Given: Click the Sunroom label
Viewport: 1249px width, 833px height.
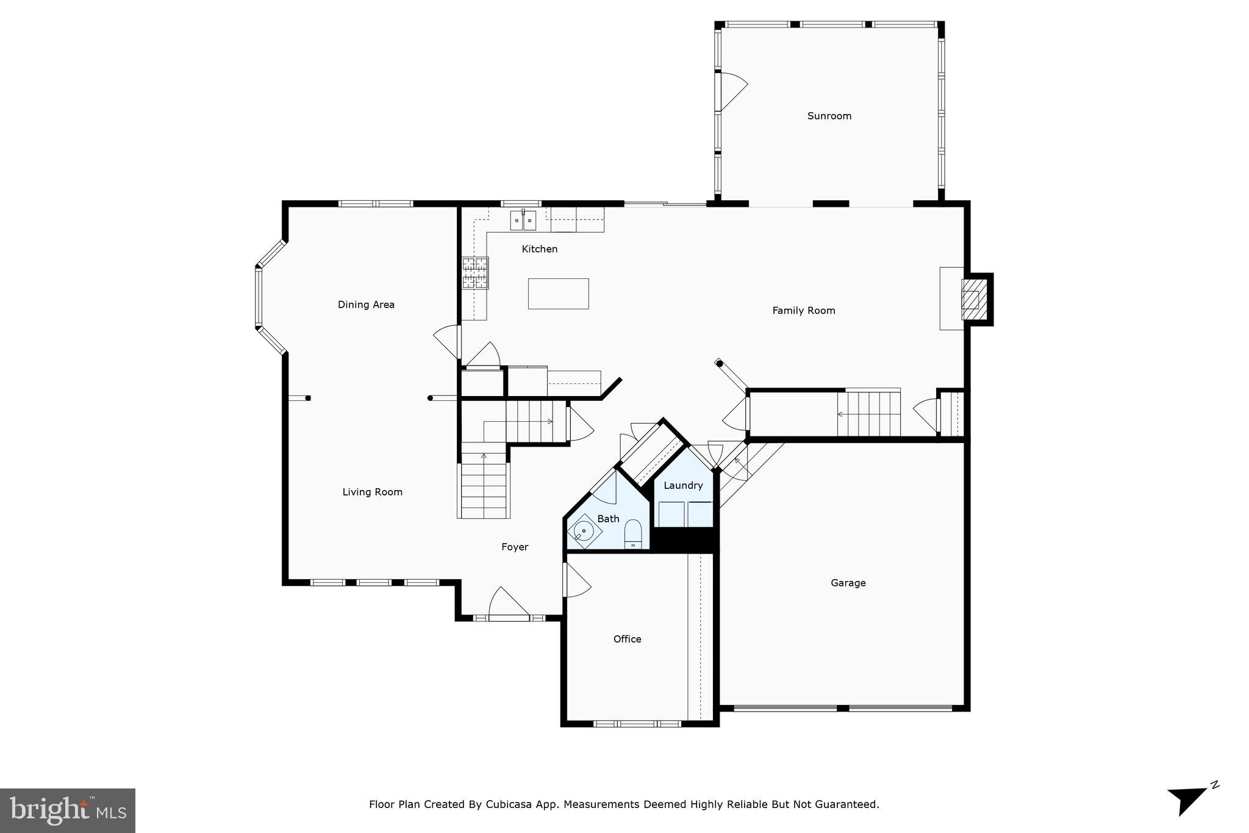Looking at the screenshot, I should click(x=829, y=116).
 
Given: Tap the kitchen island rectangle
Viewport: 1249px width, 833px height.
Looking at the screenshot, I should click(x=558, y=294).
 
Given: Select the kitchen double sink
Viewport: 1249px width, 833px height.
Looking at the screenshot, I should click(x=523, y=220).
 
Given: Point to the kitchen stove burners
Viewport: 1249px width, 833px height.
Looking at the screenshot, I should click(x=476, y=273).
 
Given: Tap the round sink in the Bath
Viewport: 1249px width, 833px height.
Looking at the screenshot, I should click(x=584, y=531).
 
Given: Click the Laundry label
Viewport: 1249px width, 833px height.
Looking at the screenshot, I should click(x=683, y=486).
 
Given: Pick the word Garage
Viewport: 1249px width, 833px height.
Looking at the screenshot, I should click(x=848, y=583).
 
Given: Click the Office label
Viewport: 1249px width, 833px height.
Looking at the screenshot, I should click(x=627, y=639).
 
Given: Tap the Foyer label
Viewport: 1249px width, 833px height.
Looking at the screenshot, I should click(x=515, y=547).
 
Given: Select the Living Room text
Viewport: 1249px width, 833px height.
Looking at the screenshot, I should click(x=372, y=492).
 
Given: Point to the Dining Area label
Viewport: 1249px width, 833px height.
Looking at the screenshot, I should click(x=366, y=305).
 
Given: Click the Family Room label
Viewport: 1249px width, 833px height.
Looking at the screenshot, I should click(x=803, y=311).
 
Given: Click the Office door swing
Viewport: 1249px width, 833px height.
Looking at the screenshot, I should click(x=577, y=580).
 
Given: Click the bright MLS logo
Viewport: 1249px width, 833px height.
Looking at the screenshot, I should click(x=68, y=810).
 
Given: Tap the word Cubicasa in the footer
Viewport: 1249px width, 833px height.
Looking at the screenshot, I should click(x=510, y=804).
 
